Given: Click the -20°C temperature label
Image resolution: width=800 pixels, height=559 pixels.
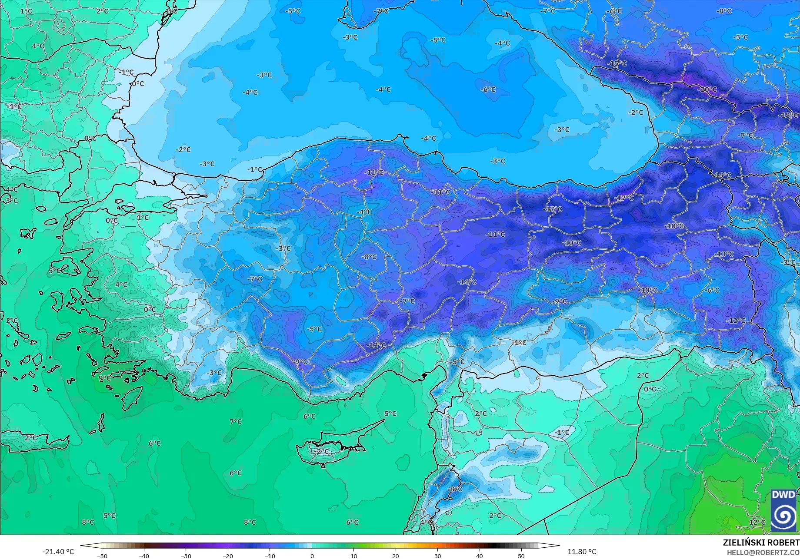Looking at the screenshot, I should point(707,89).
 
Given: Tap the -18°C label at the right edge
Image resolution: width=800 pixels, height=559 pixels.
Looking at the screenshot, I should point(789,116).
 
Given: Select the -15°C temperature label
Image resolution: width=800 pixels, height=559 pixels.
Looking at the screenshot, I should point(617,63).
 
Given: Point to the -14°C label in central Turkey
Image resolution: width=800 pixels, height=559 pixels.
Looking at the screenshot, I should point(467,282).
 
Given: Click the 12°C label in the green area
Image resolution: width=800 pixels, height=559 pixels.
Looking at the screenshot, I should point(757,522).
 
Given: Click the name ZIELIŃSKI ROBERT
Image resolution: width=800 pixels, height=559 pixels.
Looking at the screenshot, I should point(761,542).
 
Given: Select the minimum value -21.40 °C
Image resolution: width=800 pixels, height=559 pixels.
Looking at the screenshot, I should point(58,552).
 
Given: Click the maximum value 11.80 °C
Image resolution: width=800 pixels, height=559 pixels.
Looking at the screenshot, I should point(582,552).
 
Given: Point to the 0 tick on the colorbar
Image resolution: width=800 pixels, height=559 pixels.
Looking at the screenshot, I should point(312,556).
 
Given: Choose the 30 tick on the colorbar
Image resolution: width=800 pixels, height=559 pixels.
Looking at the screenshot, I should point(437,556).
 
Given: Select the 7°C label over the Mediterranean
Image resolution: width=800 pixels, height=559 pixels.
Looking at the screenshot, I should point(236,421).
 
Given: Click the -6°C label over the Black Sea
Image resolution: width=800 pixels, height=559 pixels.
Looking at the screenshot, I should point(488,89).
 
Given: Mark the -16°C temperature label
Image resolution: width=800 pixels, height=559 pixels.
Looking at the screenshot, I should point(722,175).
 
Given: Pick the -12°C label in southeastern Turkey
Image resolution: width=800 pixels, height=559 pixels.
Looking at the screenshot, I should point(736,321).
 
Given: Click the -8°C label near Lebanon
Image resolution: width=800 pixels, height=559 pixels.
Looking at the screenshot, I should point(455,489).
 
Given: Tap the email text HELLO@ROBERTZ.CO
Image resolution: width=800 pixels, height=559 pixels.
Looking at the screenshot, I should point(763,552).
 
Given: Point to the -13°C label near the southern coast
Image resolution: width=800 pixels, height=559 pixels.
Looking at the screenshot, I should point(377,345).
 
